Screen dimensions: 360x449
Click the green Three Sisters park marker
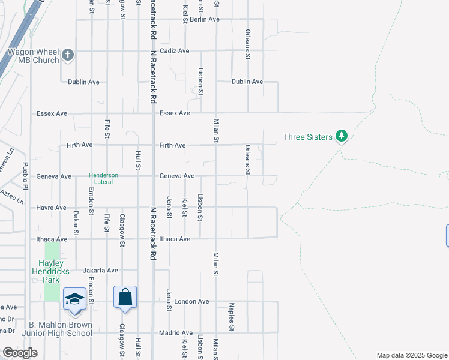(x=342, y=136)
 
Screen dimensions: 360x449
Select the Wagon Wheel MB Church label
(x=33, y=56)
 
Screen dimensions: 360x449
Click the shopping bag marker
(x=125, y=297)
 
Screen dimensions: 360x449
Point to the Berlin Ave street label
(x=205, y=19)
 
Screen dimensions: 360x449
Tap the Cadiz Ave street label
(x=175, y=51)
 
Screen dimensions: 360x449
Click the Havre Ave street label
(x=52, y=208)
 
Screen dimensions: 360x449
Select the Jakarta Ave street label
(x=101, y=270)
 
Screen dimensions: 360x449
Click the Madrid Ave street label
(x=176, y=332)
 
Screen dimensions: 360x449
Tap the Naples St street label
(x=231, y=317)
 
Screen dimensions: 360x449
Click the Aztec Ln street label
(x=11, y=196)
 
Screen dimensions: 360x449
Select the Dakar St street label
(x=76, y=221)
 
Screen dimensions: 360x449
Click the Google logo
(x=20, y=353)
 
